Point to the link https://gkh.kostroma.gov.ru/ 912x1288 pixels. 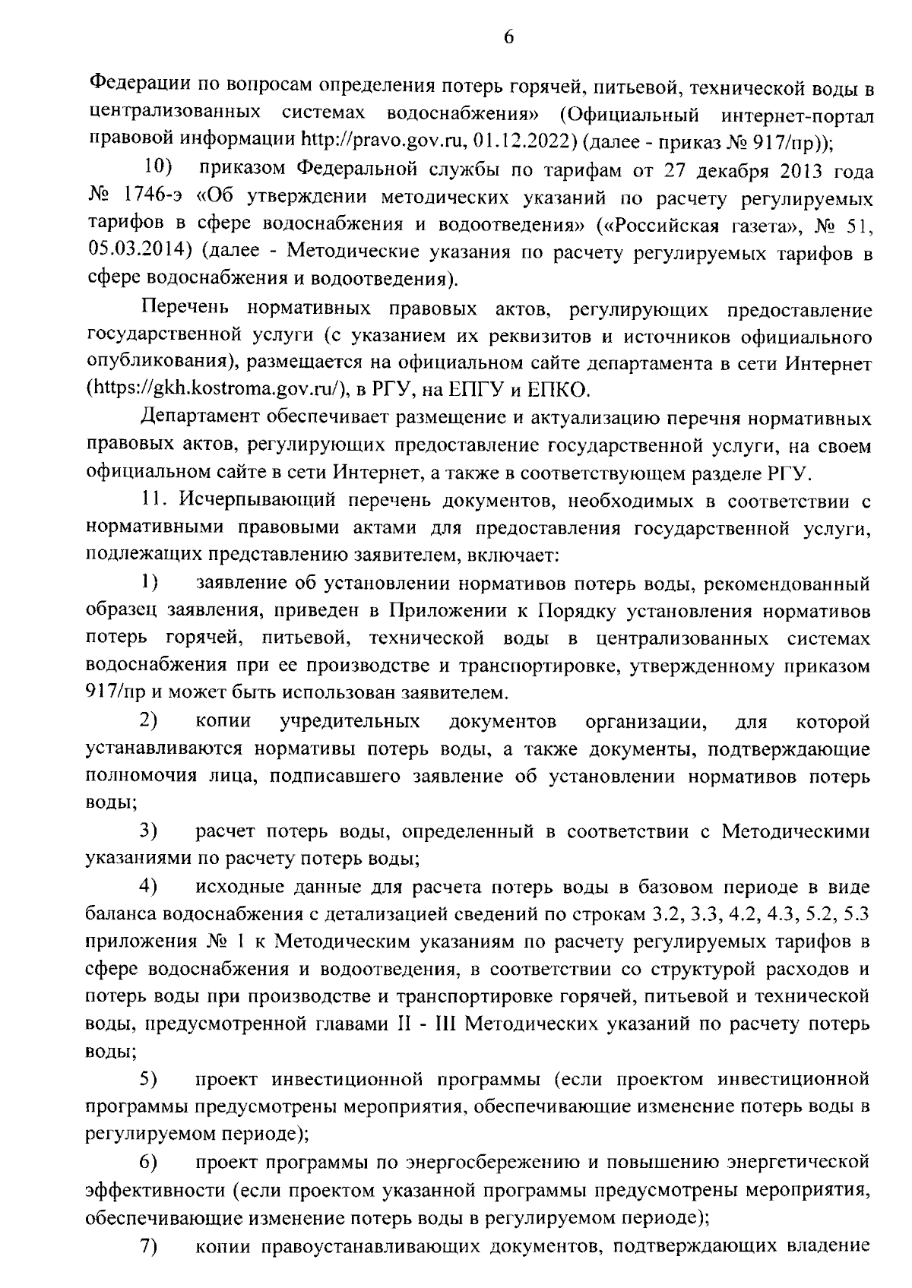(x=217, y=391)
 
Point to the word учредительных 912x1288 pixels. (x=350, y=721)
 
